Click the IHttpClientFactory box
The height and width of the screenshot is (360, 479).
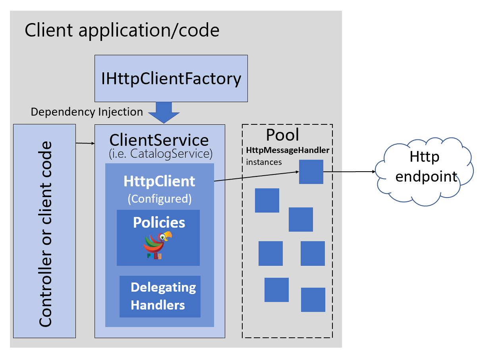pos(171,78)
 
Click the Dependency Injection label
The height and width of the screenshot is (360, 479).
pos(87,112)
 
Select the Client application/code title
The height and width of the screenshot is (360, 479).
pos(122,30)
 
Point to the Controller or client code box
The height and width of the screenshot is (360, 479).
pos(44,231)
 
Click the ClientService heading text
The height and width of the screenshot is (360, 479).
pos(159,140)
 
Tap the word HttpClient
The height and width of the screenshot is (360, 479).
pos(159,181)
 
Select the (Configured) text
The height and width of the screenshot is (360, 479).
pos(159,198)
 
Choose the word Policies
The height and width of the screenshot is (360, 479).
pos(159,223)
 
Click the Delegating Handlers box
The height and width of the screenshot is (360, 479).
pos(160,296)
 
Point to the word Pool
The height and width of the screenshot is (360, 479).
pos(282,135)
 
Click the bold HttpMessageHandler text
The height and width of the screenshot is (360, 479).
pos(288,151)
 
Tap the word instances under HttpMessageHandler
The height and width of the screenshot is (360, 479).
pos(264,162)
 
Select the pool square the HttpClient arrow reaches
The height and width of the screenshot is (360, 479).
pos(311,172)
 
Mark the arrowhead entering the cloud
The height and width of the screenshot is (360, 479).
pos(373,172)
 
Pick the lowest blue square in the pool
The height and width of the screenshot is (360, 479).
pos(313,300)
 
